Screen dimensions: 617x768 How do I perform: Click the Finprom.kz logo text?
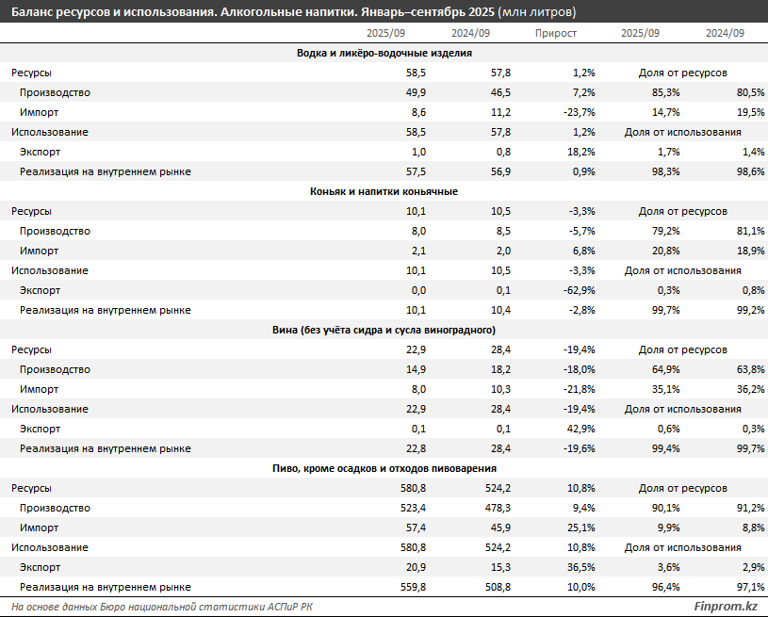point(725,606)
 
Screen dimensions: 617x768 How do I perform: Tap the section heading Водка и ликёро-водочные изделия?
point(384,53)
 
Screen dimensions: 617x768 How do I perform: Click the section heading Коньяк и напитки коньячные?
point(384,191)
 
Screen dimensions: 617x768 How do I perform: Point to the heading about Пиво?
point(384,468)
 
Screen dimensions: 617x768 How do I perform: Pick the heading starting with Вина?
point(384,330)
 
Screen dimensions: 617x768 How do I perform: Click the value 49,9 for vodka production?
point(417,92)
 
